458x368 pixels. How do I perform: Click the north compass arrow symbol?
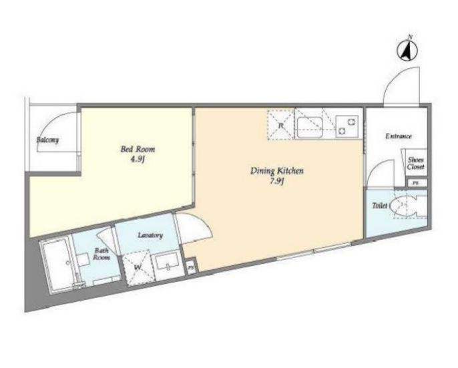tap(407, 50)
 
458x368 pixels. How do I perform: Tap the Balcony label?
tap(47, 140)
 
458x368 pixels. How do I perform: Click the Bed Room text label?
tap(138, 149)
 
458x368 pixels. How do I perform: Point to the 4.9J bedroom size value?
tap(138, 160)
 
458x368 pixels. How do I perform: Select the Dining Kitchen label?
tap(276, 171)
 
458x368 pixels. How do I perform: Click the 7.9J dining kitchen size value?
tap(277, 182)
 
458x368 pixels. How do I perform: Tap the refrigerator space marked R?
tap(280, 126)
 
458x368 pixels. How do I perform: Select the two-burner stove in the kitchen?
tap(347, 126)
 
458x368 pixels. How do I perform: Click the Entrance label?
tap(399, 136)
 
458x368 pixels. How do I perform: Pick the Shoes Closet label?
tap(416, 164)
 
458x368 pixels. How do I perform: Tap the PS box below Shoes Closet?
tap(417, 183)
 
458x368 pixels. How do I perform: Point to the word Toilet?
tap(379, 206)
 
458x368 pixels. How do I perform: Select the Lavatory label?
tap(150, 235)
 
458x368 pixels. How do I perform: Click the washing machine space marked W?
tap(138, 267)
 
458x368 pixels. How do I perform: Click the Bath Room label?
tap(101, 254)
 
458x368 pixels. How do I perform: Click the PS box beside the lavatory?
tap(192, 267)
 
